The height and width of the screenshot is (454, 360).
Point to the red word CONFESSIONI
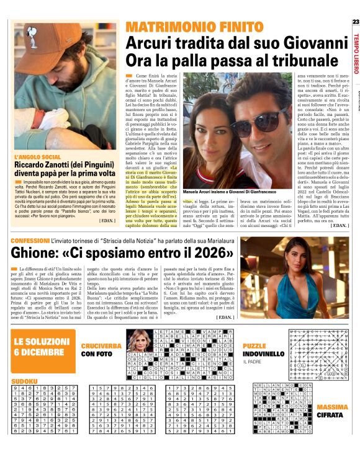pos(30,240)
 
